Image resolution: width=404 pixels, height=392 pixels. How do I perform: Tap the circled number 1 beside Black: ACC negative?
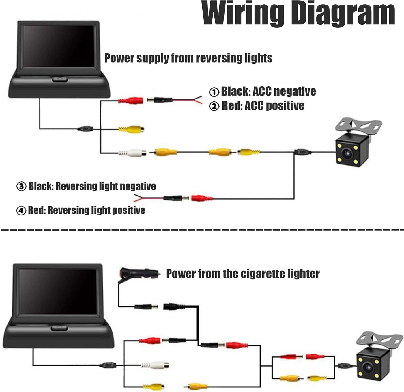click(214, 92)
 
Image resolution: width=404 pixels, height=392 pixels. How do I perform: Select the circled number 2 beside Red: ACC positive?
click(214, 106)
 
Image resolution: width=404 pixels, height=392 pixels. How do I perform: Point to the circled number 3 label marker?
click(21, 187)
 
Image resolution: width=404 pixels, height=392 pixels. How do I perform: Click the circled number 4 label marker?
click(21, 211)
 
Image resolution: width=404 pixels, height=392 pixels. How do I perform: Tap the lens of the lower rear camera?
click(369, 367)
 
